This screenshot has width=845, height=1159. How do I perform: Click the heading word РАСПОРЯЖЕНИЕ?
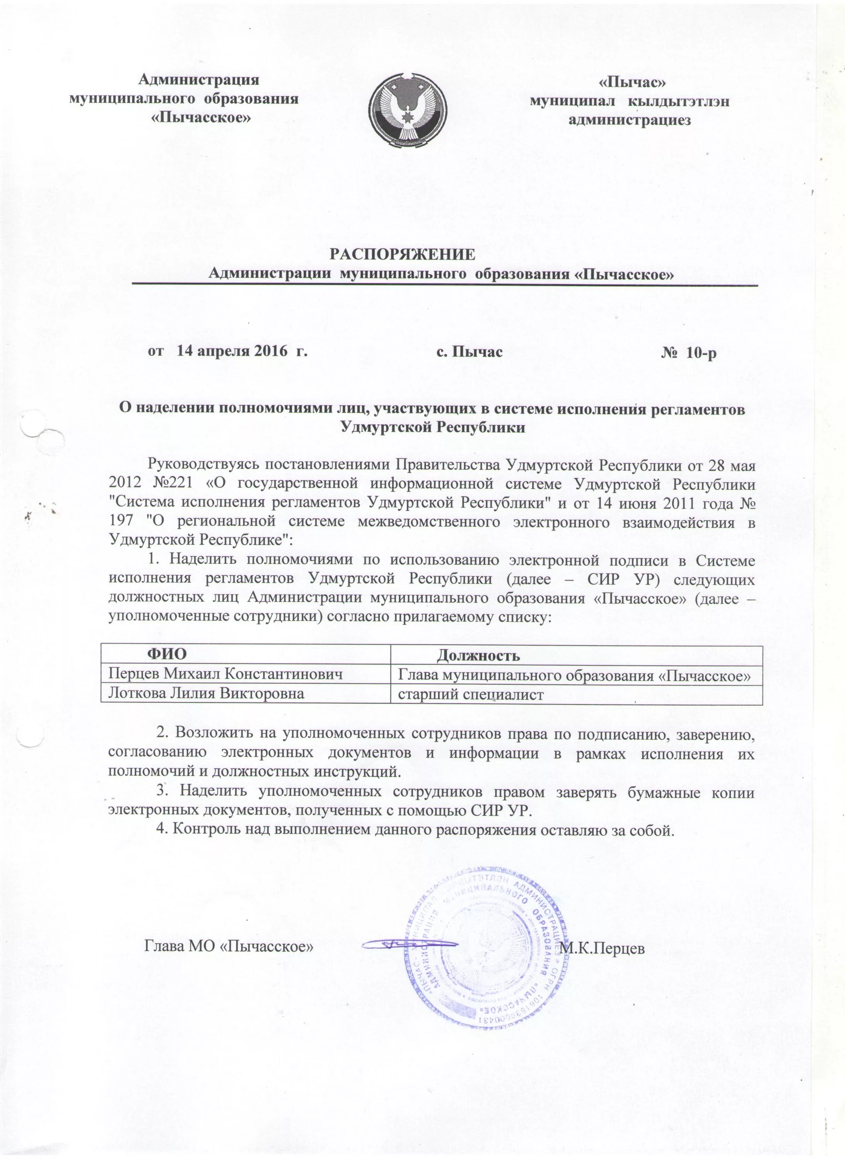coord(401,255)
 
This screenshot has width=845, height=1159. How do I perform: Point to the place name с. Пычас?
coord(469,352)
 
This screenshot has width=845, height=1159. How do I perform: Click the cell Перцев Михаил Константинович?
coord(225,674)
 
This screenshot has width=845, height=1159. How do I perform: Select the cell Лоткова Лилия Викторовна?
coord(206,693)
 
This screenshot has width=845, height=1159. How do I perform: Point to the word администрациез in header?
coord(630,120)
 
